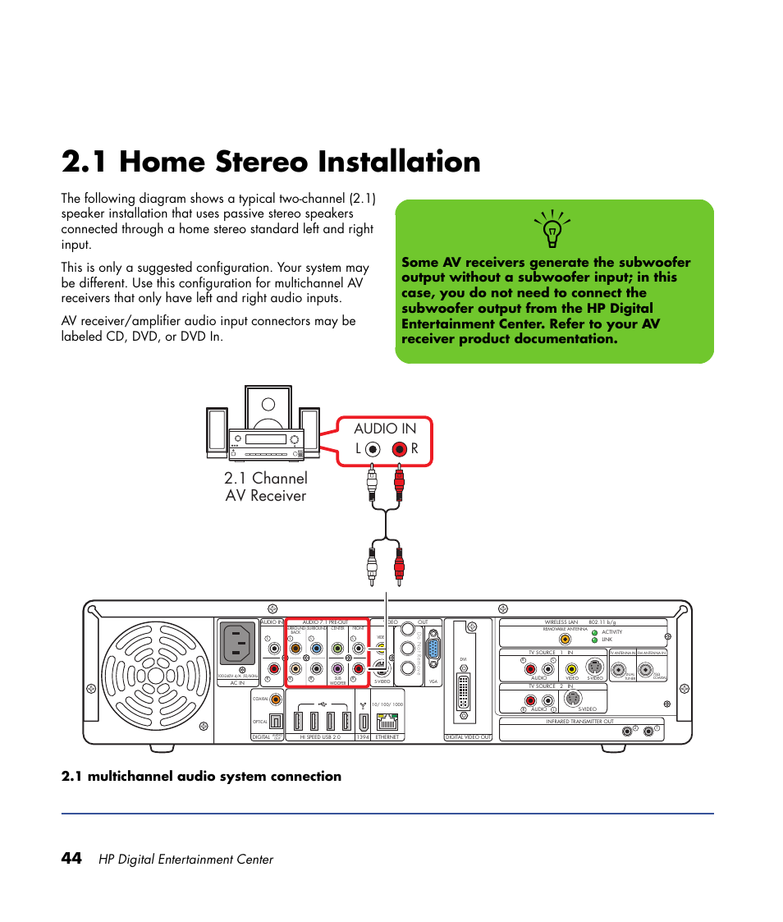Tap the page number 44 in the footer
coord(71,858)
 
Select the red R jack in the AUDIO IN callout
coord(399,449)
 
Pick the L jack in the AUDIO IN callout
coord(373,449)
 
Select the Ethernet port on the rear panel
coord(387,722)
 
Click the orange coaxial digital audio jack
coord(275,700)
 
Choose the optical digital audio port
coord(275,721)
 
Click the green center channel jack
coord(337,649)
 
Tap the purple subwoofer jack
coord(337,669)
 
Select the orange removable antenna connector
coord(564,639)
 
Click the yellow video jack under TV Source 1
coord(573,668)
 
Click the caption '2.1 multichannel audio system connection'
coord(201,777)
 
